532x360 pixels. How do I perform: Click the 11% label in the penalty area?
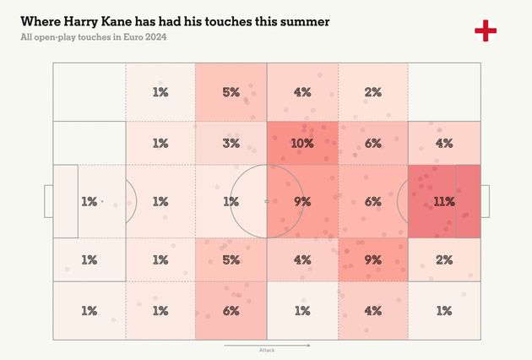444,202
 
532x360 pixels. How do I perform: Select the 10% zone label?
302,144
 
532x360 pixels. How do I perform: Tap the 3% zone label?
231,144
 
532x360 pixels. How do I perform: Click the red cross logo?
486,31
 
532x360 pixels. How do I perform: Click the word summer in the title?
302,19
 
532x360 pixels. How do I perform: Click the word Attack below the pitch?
267,350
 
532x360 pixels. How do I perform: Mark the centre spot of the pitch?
267,201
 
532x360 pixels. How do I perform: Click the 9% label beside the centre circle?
302,202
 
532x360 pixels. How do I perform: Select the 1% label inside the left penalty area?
90,202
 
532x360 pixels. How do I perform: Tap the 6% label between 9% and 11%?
373,202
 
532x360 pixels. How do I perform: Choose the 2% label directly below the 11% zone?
444,260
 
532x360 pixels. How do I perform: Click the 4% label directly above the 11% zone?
444,144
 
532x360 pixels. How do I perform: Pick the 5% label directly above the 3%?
231,92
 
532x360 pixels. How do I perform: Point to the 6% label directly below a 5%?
231,310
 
